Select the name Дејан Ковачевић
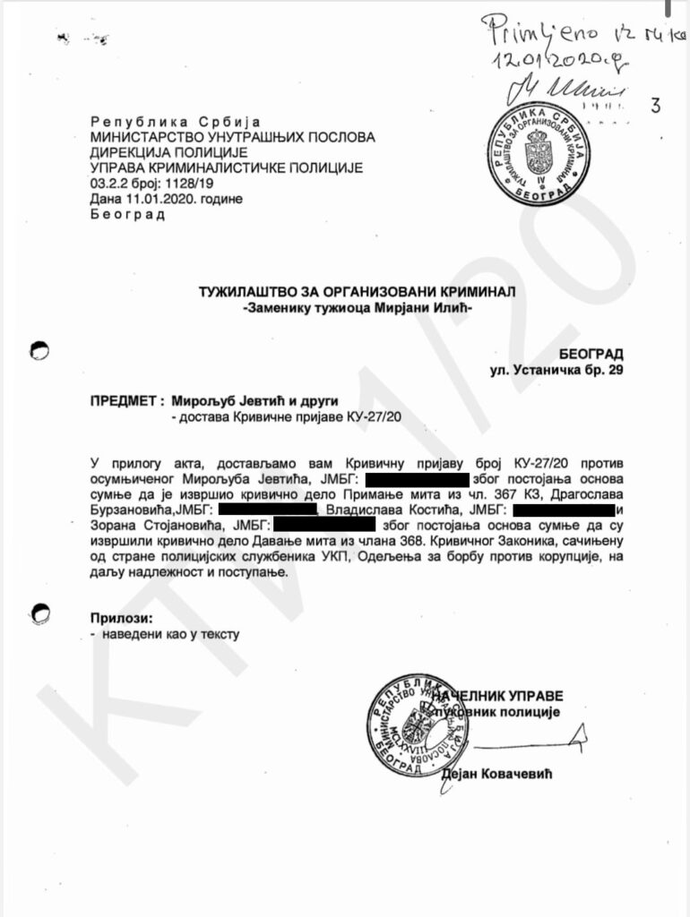click(498, 774)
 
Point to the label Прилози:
click(121, 618)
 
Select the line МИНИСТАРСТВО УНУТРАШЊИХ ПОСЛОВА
click(232, 137)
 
